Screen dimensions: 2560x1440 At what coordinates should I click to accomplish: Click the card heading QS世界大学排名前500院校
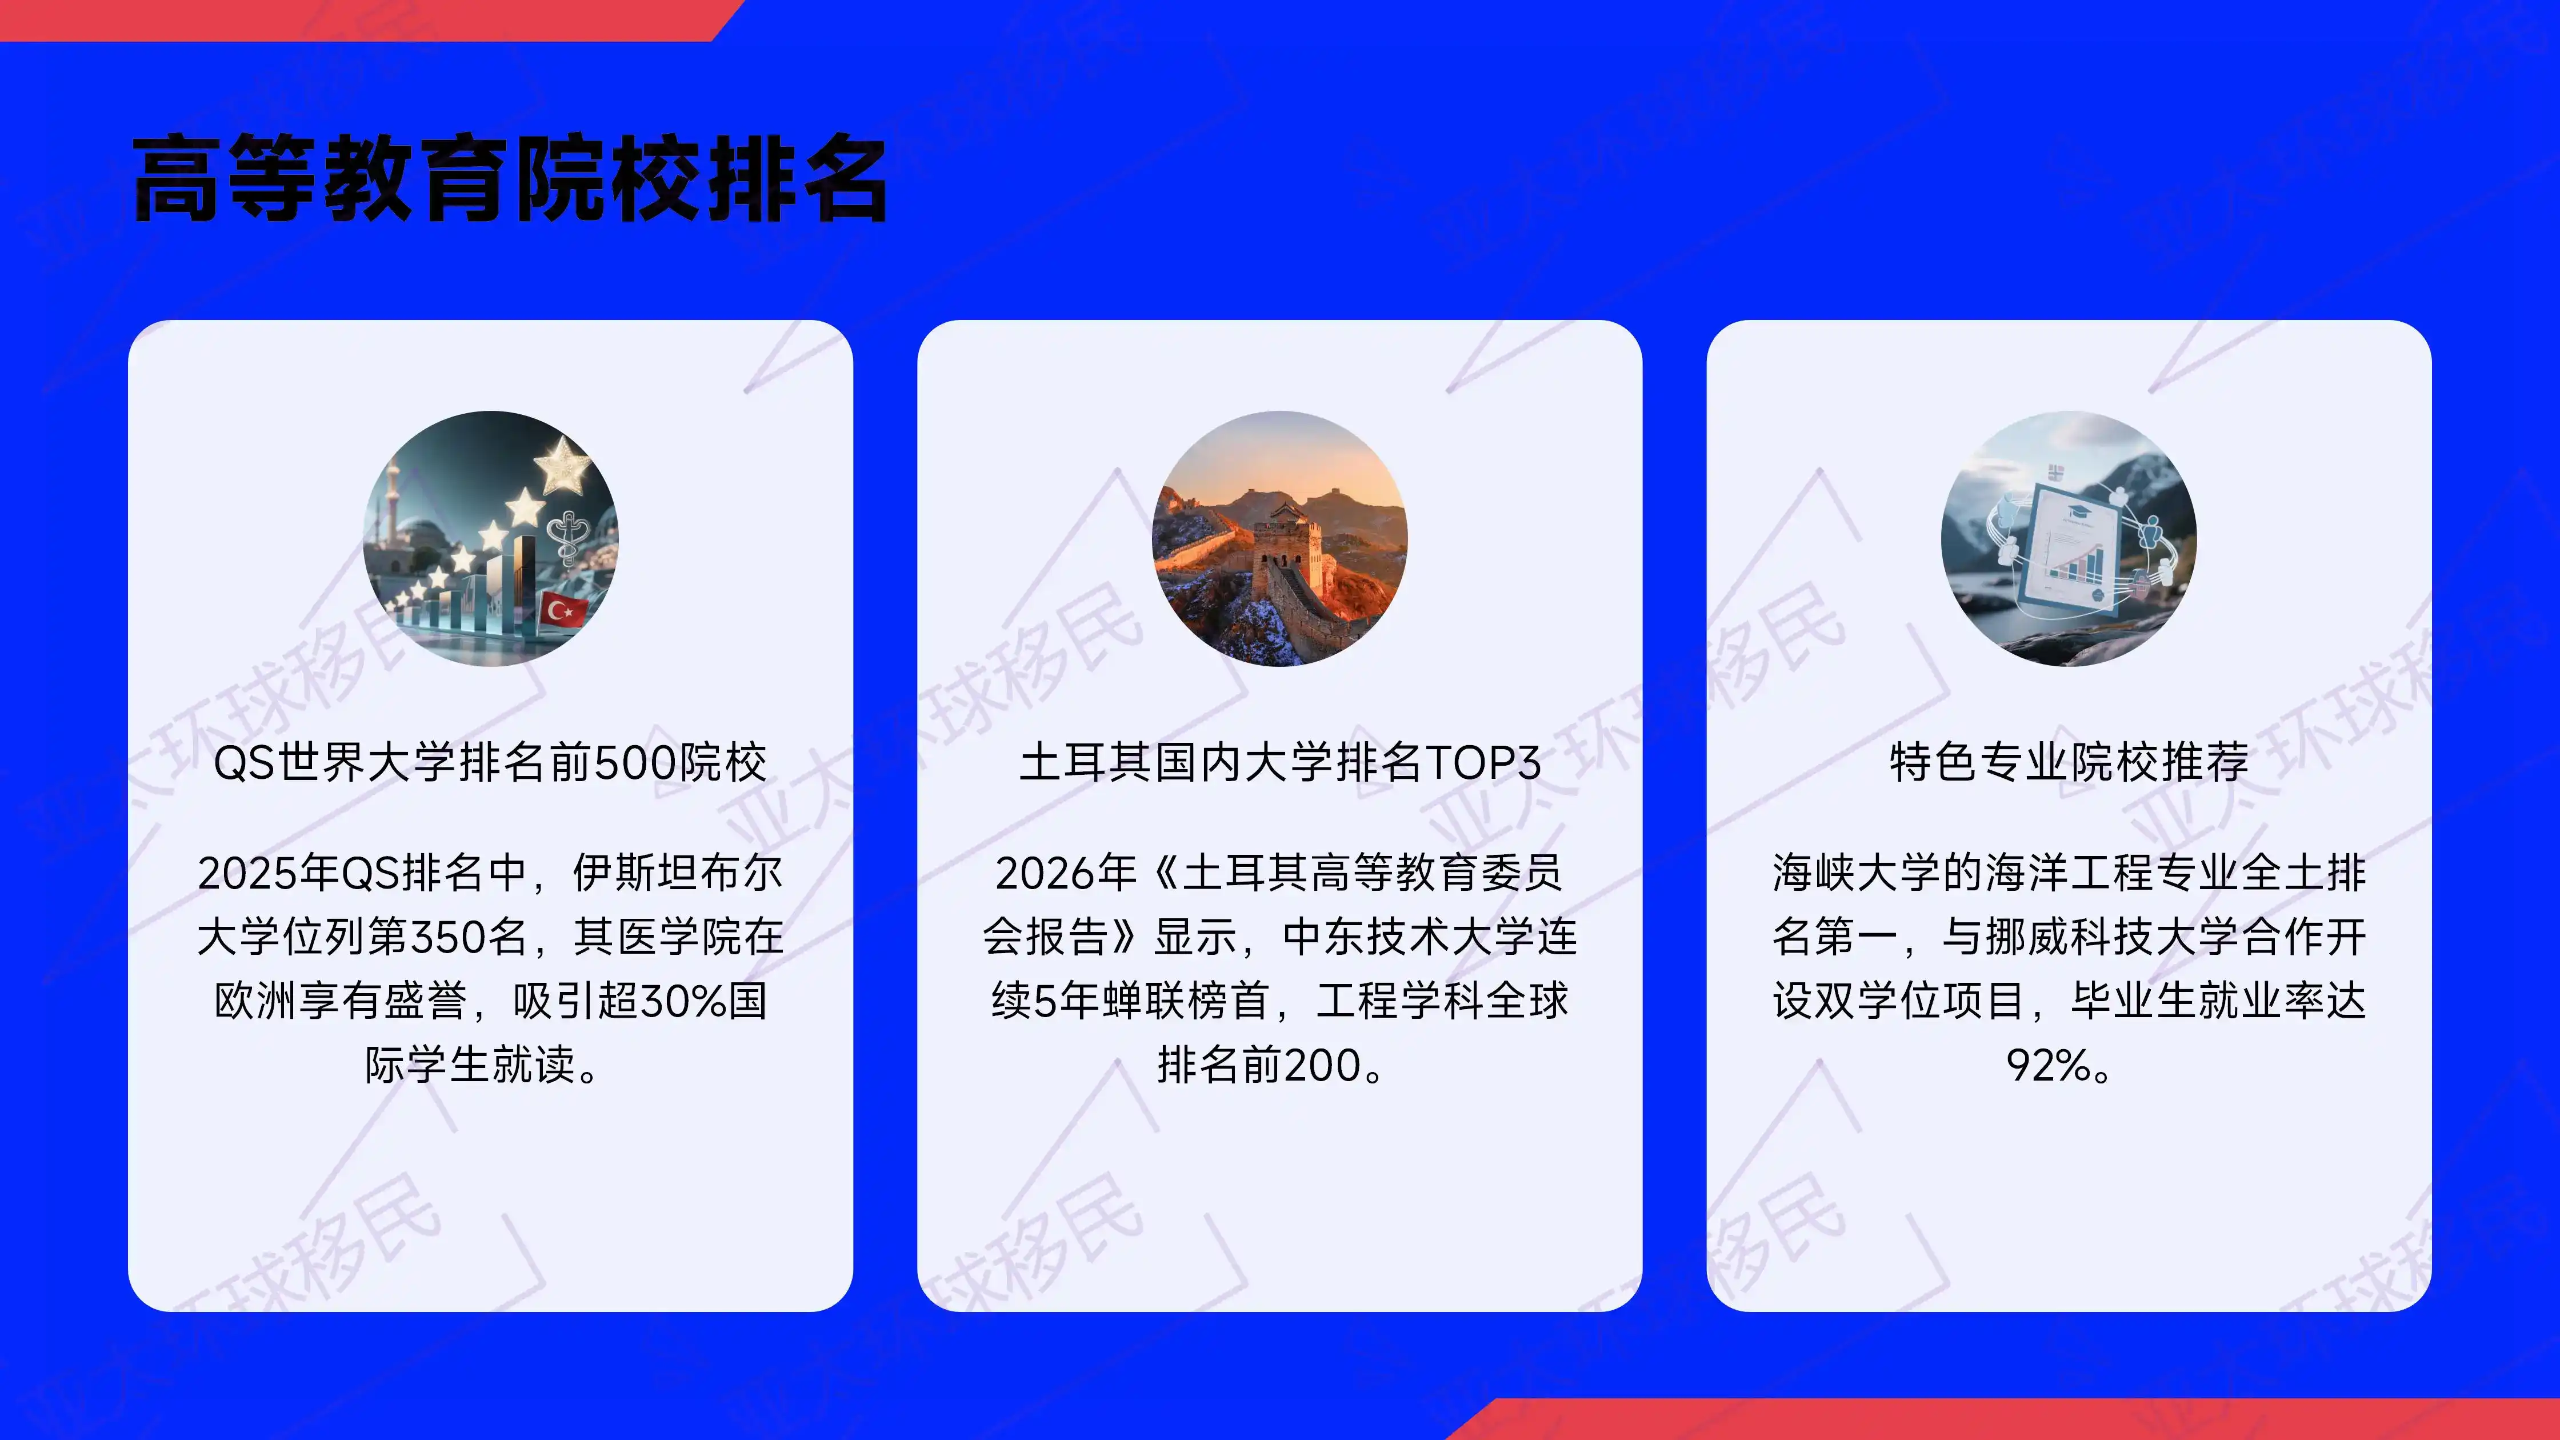pyautogui.click(x=490, y=762)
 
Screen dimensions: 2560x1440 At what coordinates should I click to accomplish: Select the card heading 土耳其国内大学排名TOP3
pyautogui.click(x=1280, y=762)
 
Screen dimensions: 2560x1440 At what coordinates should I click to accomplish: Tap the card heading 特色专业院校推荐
pyautogui.click(x=2069, y=762)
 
